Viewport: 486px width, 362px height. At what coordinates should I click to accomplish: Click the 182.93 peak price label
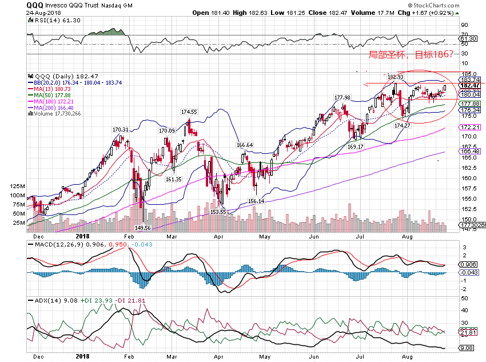click(395, 76)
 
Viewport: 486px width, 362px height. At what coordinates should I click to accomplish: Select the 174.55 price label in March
click(189, 112)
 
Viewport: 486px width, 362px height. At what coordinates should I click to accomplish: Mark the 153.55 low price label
click(218, 212)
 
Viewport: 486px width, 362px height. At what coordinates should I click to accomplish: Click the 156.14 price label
click(256, 201)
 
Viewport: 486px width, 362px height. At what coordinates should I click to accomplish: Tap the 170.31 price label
click(121, 129)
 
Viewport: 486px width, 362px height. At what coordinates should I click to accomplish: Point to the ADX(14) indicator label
click(45, 300)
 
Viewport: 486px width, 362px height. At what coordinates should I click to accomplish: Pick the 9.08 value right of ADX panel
click(468, 348)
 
